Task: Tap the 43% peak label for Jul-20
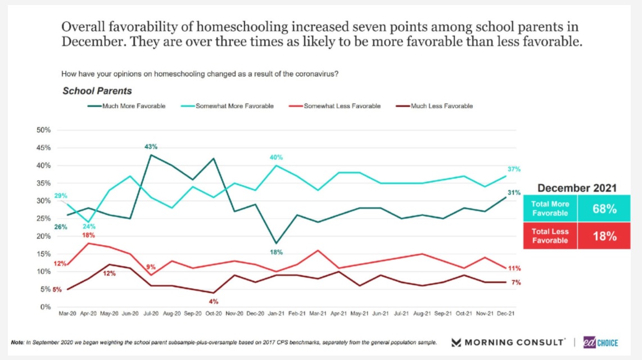(x=151, y=147)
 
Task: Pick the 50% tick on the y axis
(x=43, y=130)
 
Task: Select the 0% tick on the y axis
(x=46, y=307)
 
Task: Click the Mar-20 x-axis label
(x=68, y=313)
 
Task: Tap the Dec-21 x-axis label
(x=505, y=313)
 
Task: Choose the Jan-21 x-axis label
(x=276, y=313)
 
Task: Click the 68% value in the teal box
(x=605, y=209)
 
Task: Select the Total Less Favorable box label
(x=551, y=236)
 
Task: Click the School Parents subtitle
(x=97, y=91)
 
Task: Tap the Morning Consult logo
(x=509, y=342)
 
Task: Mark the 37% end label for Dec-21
(x=514, y=169)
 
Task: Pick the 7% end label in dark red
(x=516, y=282)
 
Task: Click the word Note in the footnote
(x=17, y=343)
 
